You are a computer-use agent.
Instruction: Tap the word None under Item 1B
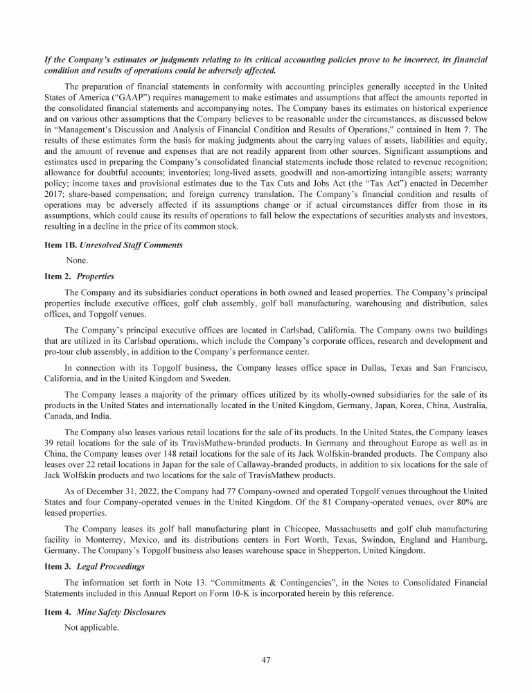[77, 260]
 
